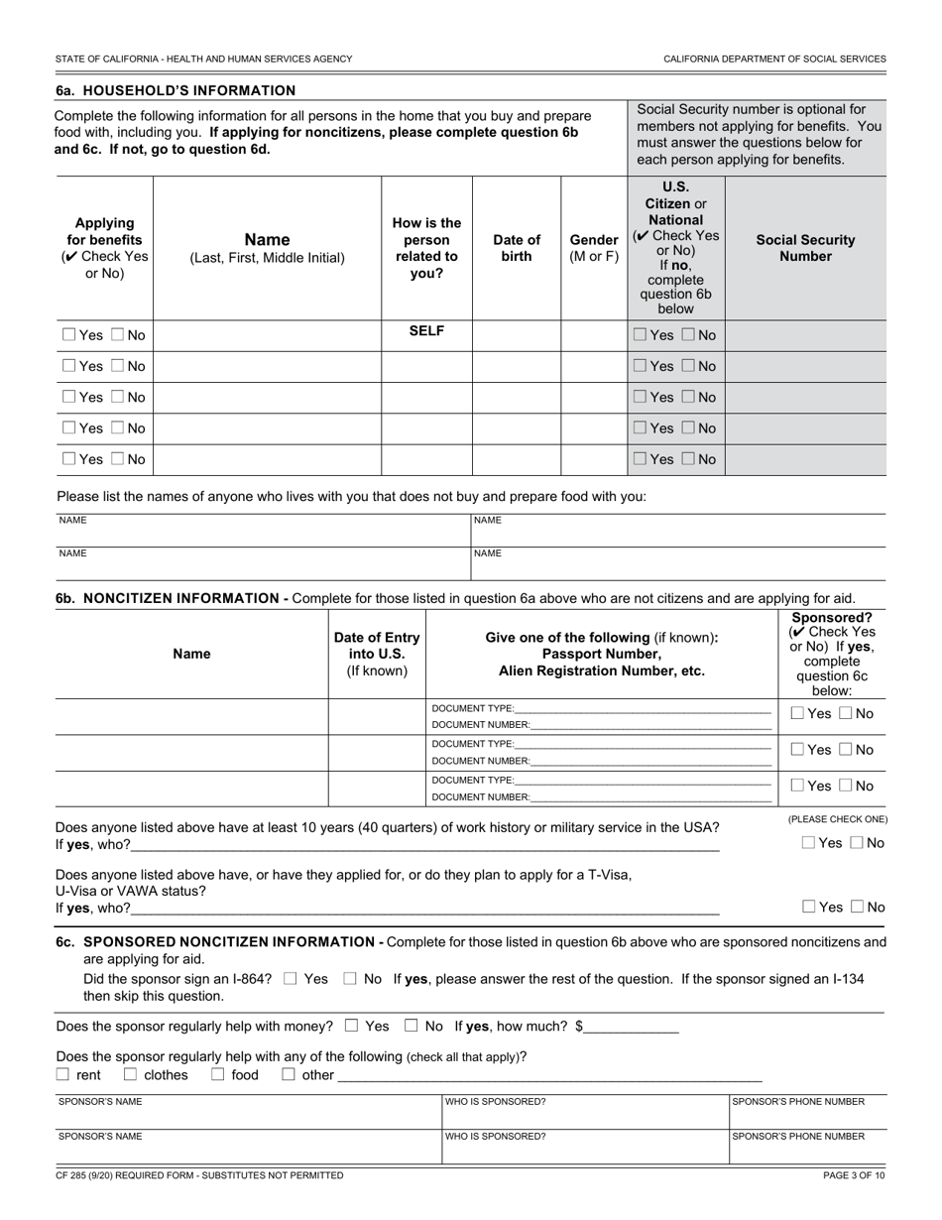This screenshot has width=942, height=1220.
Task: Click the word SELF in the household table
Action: point(426,331)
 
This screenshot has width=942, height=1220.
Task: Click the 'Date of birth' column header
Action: point(517,248)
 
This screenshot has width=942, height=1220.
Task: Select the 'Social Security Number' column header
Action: point(805,248)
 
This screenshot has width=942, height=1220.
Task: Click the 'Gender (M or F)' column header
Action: point(594,248)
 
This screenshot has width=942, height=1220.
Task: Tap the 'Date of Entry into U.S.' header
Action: point(377,654)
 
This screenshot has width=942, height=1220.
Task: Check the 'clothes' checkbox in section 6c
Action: point(130,1074)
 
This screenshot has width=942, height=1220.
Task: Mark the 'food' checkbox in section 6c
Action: point(217,1074)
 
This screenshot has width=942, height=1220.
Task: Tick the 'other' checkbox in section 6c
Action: point(289,1074)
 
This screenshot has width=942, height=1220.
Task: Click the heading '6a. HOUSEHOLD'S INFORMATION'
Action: point(176,90)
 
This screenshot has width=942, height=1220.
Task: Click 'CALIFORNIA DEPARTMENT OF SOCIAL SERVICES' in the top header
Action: point(774,59)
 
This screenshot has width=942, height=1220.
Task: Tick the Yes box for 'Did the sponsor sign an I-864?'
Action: point(290,979)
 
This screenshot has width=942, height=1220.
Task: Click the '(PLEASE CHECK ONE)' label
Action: point(838,819)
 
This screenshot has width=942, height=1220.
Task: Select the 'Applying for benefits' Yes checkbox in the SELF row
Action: point(68,335)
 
